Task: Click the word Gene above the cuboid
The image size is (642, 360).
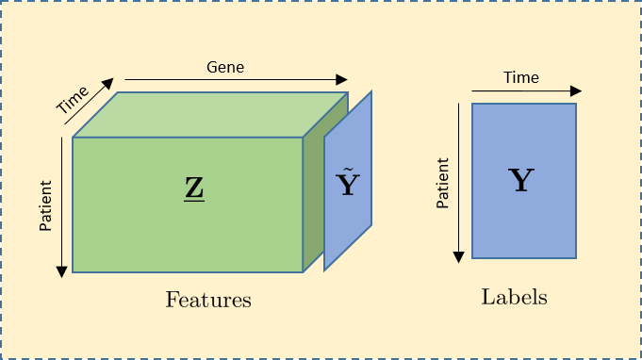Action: (x=225, y=68)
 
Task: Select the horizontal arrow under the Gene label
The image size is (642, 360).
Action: (x=236, y=81)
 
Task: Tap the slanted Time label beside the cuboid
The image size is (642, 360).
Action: (x=73, y=100)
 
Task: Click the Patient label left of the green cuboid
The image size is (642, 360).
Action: (x=45, y=205)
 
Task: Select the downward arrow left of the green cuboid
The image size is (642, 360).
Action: (x=62, y=207)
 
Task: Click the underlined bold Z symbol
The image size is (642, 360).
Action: (x=194, y=189)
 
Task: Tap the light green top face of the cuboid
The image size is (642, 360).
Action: (x=209, y=114)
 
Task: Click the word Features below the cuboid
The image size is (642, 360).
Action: (x=208, y=301)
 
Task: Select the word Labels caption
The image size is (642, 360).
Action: (x=515, y=297)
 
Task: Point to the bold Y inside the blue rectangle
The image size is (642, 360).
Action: (x=521, y=180)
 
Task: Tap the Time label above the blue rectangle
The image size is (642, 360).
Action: (x=521, y=77)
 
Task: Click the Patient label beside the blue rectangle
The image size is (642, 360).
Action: (x=442, y=184)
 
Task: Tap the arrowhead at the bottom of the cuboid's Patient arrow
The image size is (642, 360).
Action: (x=62, y=270)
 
